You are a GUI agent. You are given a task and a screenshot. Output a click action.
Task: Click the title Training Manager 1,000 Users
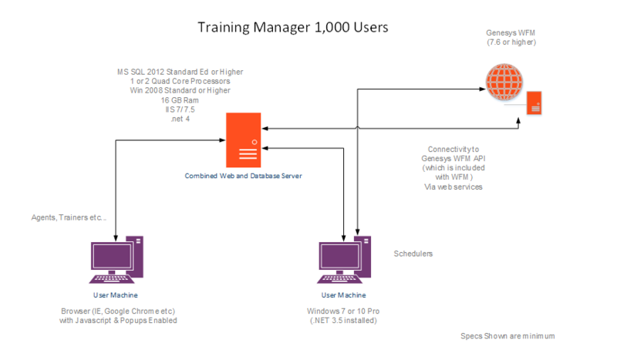coord(293,27)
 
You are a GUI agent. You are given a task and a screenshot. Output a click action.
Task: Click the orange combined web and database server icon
coord(242,140)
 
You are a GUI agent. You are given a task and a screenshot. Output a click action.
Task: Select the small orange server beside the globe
coord(533,102)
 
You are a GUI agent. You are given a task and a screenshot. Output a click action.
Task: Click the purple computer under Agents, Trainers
coord(115,262)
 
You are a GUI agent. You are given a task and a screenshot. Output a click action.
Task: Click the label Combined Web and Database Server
coord(242,176)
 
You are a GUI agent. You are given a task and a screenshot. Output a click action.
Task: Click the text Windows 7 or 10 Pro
coord(344,311)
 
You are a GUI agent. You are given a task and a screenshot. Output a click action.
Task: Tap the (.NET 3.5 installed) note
coord(344,320)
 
